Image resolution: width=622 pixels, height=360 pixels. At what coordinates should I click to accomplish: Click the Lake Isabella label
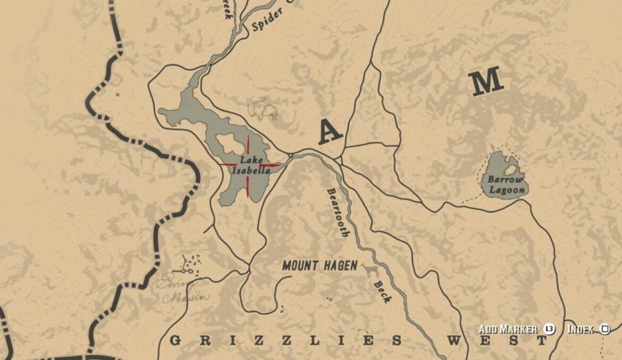(x=254, y=164)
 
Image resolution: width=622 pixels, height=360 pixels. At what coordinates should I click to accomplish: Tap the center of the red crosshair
(x=248, y=165)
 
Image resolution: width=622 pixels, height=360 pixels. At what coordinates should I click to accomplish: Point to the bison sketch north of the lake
(x=264, y=110)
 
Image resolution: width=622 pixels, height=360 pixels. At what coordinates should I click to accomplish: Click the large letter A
(x=330, y=132)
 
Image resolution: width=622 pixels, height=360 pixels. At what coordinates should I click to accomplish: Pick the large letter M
(x=485, y=81)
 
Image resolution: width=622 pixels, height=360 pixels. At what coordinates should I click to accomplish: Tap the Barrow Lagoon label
(x=506, y=185)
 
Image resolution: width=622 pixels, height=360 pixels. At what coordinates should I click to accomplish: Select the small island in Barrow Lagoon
(x=510, y=170)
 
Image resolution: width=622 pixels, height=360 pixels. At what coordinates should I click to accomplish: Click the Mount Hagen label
(x=320, y=265)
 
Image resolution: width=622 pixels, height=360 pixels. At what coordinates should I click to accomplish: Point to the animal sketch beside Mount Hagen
(x=371, y=270)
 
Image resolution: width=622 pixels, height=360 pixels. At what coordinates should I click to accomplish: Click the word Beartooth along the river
(x=338, y=211)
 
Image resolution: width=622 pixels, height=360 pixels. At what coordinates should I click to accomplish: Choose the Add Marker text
(x=508, y=329)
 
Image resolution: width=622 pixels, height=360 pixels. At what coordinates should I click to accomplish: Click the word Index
(x=580, y=329)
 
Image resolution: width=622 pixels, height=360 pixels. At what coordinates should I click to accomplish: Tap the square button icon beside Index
(x=605, y=329)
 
